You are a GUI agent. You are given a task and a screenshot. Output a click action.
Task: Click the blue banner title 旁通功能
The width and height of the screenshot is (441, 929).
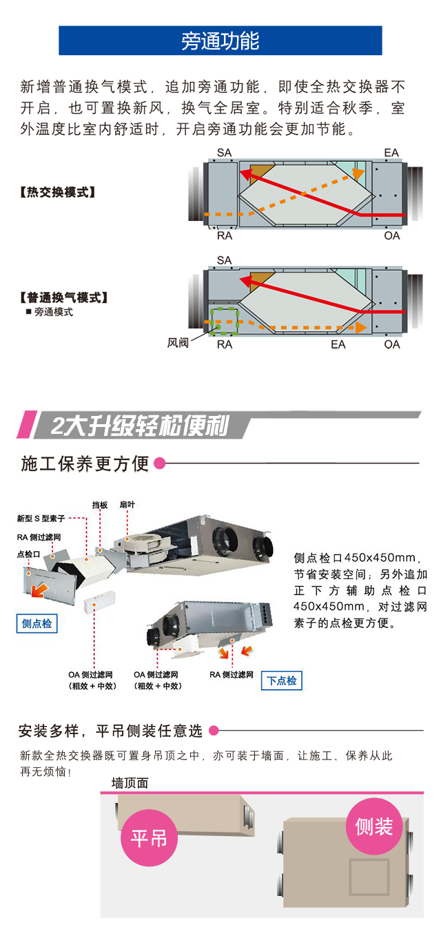click(x=220, y=41)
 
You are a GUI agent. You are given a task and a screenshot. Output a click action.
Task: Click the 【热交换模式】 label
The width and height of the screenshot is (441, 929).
click(x=58, y=192)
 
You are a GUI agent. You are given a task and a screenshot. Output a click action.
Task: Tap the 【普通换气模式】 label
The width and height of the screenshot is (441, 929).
click(x=63, y=297)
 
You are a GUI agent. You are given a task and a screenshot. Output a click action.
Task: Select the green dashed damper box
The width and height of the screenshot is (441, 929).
click(x=224, y=321)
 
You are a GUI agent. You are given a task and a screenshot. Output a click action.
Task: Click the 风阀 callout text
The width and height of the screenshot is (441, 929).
click(x=178, y=342)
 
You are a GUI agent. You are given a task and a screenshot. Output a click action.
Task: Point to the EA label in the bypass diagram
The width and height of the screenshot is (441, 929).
click(x=338, y=344)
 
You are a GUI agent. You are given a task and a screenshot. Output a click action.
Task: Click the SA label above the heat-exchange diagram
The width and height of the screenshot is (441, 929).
click(x=224, y=153)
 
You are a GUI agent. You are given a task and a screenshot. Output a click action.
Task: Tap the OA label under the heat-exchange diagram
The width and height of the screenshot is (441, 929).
click(x=392, y=236)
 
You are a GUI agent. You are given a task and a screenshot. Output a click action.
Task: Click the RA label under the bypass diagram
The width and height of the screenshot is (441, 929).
click(x=225, y=344)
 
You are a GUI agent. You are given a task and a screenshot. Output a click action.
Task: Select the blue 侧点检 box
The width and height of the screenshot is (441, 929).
click(x=37, y=623)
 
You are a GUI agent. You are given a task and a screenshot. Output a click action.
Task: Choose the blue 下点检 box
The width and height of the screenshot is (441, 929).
click(x=282, y=680)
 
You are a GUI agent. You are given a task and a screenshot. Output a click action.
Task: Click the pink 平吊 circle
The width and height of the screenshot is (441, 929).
click(x=149, y=838)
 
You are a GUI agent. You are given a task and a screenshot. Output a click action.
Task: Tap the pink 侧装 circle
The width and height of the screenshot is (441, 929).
click(x=373, y=826)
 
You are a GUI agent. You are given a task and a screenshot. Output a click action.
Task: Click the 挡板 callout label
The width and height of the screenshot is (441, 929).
click(x=99, y=505)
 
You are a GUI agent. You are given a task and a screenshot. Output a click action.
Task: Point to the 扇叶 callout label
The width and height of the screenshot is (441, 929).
click(x=127, y=505)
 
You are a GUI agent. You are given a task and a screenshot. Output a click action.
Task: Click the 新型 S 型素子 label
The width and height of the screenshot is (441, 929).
click(x=41, y=519)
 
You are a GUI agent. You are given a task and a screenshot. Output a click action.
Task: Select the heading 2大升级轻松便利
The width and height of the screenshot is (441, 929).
click(x=140, y=425)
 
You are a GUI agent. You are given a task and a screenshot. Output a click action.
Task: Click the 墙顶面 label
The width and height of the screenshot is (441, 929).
click(x=130, y=783)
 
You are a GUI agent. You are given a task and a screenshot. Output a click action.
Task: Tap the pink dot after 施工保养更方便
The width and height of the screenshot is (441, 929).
click(x=159, y=463)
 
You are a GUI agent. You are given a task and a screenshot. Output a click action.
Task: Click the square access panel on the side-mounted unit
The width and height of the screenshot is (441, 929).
click(x=369, y=877)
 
